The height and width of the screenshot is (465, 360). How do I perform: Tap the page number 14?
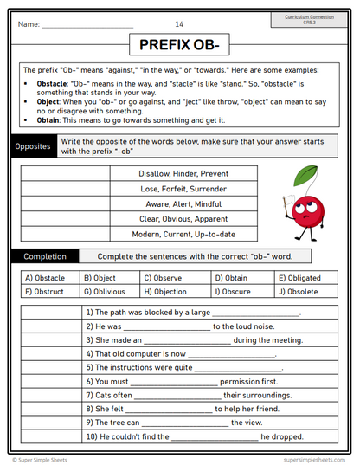point(179,23)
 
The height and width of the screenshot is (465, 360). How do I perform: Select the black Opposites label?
point(33,146)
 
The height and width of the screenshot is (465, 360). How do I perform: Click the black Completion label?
point(44,256)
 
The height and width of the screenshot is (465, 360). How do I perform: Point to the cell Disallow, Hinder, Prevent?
point(184,173)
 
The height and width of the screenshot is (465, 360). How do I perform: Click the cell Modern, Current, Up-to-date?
point(184,234)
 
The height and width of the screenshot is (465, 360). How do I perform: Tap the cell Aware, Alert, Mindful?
point(184,203)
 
